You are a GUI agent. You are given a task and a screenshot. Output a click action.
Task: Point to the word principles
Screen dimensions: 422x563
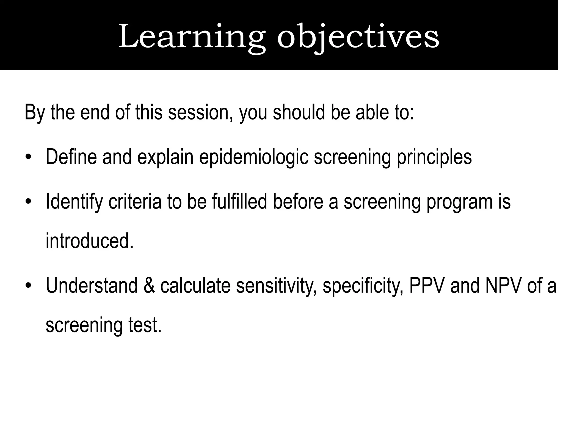click(434, 157)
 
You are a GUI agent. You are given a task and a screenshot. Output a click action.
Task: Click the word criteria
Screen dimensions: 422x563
click(135, 202)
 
